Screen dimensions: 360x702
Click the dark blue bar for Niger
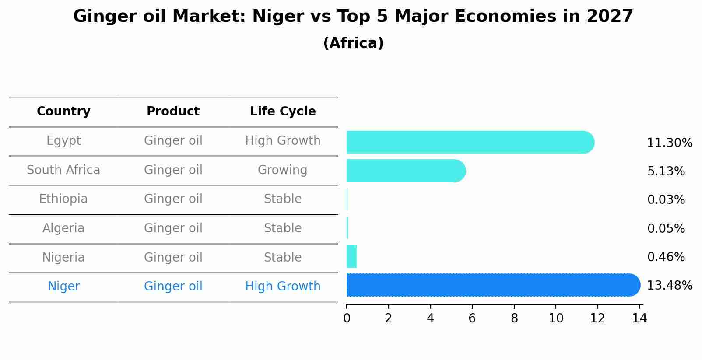point(492,285)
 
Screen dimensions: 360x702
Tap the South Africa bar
point(405,171)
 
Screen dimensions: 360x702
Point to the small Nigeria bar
point(351,256)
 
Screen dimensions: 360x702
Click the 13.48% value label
point(669,286)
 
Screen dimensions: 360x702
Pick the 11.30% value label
point(669,143)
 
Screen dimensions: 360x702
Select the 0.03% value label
point(666,200)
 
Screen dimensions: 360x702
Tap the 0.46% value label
point(666,257)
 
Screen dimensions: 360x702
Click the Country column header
point(63,112)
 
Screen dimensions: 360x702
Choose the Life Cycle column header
point(283,112)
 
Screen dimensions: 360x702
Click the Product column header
point(173,112)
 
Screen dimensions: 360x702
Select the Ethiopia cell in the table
point(63,199)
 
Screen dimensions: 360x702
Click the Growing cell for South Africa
point(282,170)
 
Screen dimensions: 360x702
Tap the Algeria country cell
point(63,228)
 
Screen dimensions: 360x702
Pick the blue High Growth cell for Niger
point(283,287)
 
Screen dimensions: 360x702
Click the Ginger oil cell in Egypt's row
point(173,141)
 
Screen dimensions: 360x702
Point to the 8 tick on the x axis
point(514,318)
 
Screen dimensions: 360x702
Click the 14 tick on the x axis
point(639,318)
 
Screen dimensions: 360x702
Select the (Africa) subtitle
point(353,43)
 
